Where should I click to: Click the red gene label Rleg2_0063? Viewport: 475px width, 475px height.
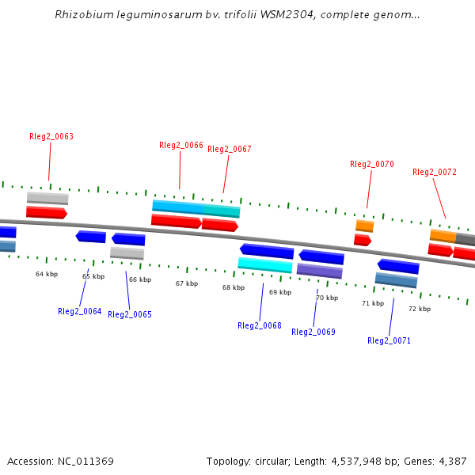[51, 136]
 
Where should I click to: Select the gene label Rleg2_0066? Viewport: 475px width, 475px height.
[181, 145]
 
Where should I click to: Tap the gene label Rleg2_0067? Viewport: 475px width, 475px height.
[230, 149]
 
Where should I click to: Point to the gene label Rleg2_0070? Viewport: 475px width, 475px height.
[372, 164]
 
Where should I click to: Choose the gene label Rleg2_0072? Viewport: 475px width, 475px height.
[435, 172]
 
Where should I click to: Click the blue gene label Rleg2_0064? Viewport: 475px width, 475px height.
[80, 311]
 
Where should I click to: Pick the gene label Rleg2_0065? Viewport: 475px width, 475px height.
[130, 314]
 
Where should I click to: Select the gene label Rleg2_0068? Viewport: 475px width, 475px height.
[260, 325]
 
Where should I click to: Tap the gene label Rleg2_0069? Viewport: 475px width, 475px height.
[313, 332]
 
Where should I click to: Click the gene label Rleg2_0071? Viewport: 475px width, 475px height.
[389, 340]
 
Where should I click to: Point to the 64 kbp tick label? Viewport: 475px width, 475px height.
[47, 274]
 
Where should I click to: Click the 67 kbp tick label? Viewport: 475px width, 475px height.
[187, 283]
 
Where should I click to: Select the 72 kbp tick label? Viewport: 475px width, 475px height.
[420, 308]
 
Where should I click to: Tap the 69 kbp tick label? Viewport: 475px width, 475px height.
[280, 292]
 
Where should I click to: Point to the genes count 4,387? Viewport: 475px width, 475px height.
[450, 461]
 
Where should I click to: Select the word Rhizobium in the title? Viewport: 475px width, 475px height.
[79, 15]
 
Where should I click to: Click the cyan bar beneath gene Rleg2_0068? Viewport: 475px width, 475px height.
[265, 264]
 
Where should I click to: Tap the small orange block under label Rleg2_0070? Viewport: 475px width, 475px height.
[364, 226]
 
